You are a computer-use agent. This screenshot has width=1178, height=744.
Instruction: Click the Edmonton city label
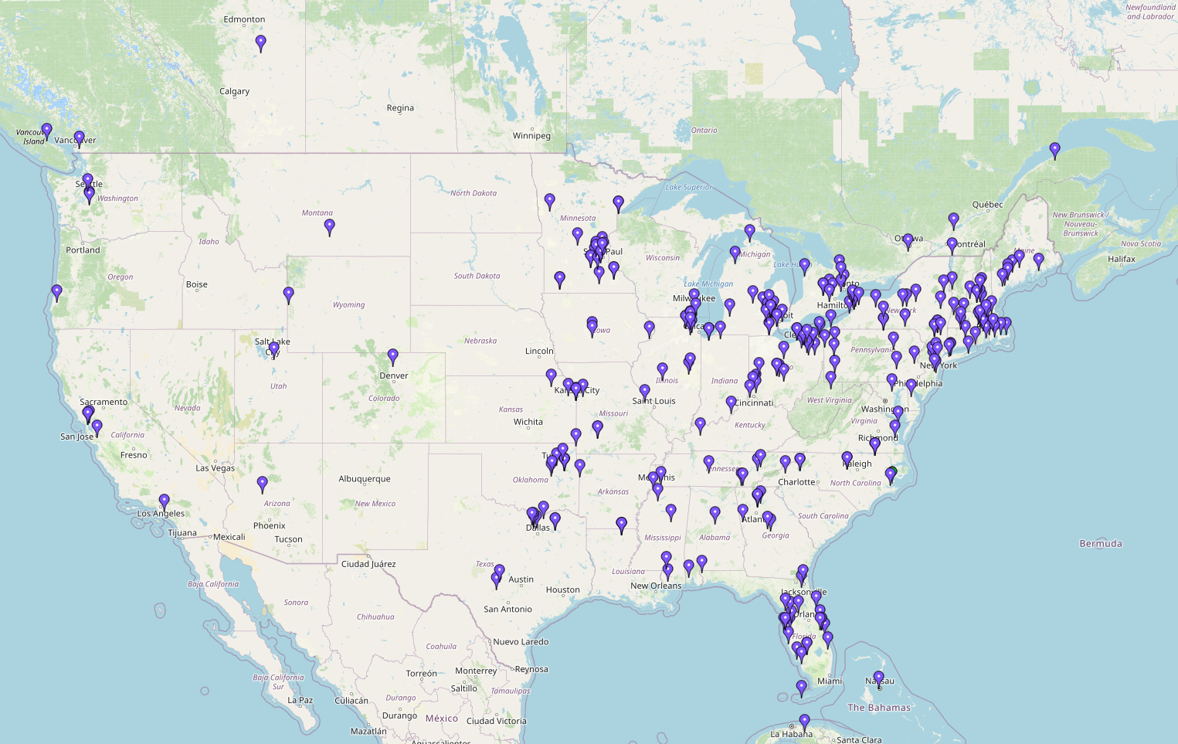pyautogui.click(x=244, y=19)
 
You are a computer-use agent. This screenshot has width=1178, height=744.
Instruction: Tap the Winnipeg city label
pyautogui.click(x=531, y=136)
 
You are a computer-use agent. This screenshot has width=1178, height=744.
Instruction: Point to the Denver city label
pyautogui.click(x=393, y=376)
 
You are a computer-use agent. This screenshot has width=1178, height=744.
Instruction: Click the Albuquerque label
pyautogui.click(x=365, y=479)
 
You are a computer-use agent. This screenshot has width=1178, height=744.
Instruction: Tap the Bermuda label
pyautogui.click(x=1101, y=544)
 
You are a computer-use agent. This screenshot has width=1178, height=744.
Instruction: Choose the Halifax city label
pyautogui.click(x=1122, y=260)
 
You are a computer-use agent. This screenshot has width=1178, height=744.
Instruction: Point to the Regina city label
pyautogui.click(x=400, y=108)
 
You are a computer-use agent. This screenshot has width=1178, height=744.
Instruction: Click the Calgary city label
pyautogui.click(x=234, y=91)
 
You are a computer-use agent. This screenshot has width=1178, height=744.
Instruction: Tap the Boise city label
pyautogui.click(x=197, y=284)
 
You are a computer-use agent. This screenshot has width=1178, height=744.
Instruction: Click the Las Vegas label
pyautogui.click(x=215, y=468)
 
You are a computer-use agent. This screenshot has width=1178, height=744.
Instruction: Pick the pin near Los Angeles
pyautogui.click(x=165, y=502)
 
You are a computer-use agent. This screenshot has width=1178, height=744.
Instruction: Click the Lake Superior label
pyautogui.click(x=689, y=188)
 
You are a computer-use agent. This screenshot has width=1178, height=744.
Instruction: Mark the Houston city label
pyautogui.click(x=562, y=590)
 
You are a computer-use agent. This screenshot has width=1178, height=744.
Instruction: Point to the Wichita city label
pyautogui.click(x=528, y=422)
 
